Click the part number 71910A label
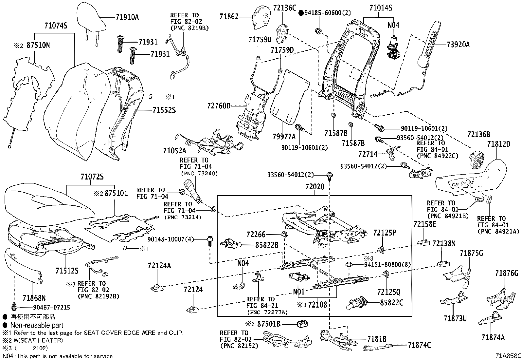(127, 17)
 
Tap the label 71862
(229, 16)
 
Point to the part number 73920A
(458, 45)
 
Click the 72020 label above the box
(315, 187)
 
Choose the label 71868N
(34, 298)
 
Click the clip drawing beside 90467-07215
(14, 307)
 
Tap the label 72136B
(479, 134)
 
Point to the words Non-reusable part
(37, 325)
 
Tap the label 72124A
(159, 265)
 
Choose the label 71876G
(507, 273)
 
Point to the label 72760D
(219, 105)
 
